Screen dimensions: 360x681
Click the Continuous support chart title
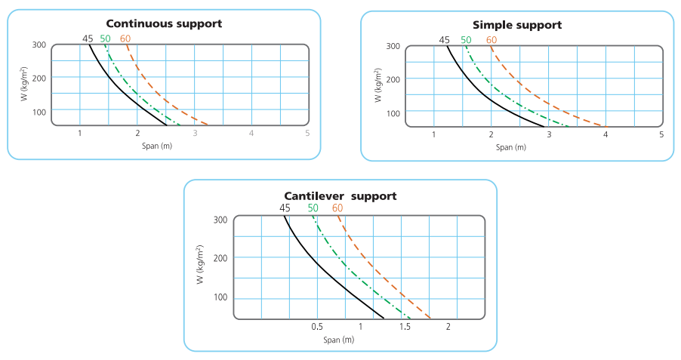pos(164,23)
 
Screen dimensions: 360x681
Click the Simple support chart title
pos(517,25)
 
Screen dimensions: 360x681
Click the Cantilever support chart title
pos(340,195)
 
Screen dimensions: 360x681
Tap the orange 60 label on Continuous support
pos(125,38)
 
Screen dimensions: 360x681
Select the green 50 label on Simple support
pos(466,40)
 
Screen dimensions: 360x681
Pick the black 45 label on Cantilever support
pos(285,208)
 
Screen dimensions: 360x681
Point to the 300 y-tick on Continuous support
pos(39,45)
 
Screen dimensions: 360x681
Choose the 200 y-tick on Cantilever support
pos(221,257)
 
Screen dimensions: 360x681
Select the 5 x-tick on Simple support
pos(661,134)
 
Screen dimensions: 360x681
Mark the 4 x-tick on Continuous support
pos(251,133)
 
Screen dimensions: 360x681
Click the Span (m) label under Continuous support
pos(156,145)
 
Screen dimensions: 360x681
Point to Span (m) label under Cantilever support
pos(339,340)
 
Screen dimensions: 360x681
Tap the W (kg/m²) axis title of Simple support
pos(377,85)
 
